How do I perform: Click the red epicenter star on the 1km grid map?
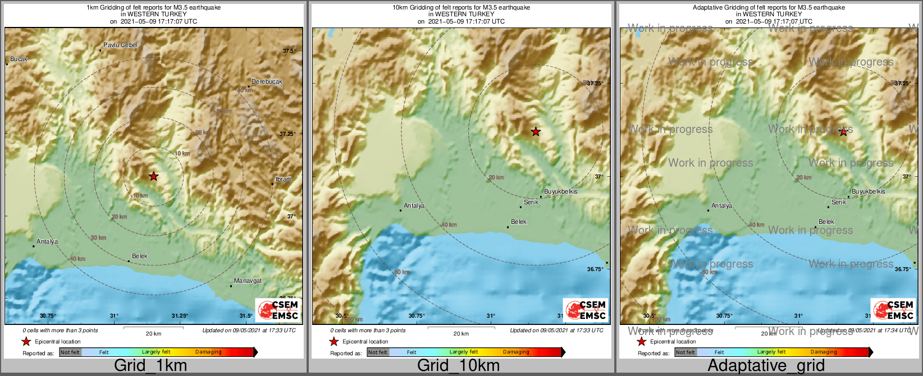[154, 176]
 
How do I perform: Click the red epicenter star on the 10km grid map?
[536, 131]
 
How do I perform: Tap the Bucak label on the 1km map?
[19, 59]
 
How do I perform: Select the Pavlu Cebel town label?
[120, 45]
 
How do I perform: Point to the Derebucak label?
[267, 81]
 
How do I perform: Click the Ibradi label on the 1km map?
[284, 179]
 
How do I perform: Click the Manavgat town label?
[248, 281]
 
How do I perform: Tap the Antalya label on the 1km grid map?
[47, 242]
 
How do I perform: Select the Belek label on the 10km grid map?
[519, 222]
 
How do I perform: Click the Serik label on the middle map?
[531, 202]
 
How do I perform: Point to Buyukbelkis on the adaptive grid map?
[868, 191]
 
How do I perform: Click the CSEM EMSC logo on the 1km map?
[277, 310]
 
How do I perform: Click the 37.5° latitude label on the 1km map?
[289, 51]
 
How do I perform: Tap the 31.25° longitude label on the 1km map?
[180, 315]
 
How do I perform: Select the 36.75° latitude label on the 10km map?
[595, 269]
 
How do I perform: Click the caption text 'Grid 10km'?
[458, 365]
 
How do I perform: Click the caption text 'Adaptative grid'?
[766, 365]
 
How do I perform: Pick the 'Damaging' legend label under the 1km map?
[208, 352]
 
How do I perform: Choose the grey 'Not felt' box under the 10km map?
[377, 352]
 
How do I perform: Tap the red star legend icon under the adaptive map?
[641, 341]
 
